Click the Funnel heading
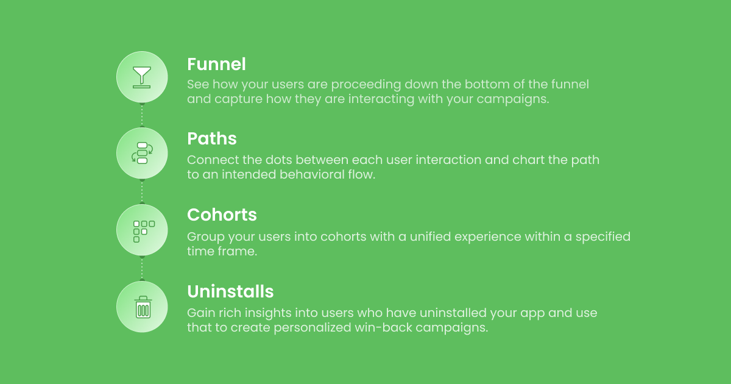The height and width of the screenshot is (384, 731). (216, 64)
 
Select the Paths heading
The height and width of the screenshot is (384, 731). (211, 139)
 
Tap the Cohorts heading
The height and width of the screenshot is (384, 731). (222, 215)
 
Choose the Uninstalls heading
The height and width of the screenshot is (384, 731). (230, 291)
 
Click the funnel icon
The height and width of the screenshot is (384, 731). (142, 77)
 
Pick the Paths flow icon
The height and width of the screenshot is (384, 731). (142, 153)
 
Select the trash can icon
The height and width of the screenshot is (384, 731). (143, 307)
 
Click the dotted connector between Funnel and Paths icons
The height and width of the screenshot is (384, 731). (142, 115)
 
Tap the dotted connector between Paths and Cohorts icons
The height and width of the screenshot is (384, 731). (142, 192)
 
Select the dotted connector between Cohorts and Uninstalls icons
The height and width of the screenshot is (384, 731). (142, 268)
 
